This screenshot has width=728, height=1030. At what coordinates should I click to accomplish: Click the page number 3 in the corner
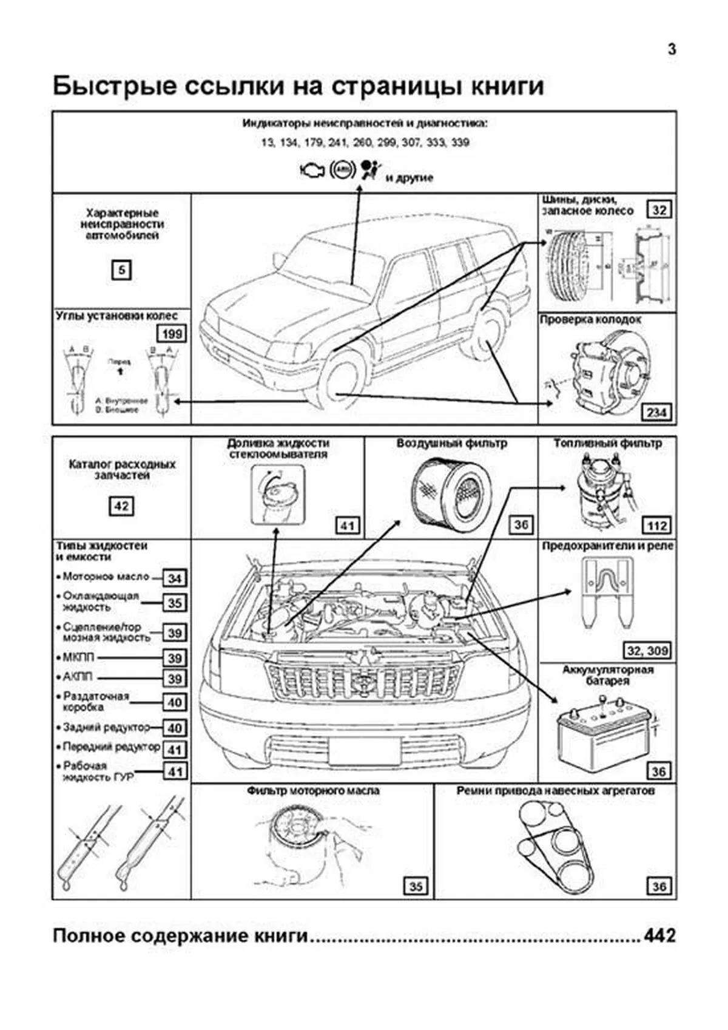672,50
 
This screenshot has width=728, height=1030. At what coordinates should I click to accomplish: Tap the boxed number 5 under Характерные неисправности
121,269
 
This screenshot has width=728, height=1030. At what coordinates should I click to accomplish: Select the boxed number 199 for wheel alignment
172,334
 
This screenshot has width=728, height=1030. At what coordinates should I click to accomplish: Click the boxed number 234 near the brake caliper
657,413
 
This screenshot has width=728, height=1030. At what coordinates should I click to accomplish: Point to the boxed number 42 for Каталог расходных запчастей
121,506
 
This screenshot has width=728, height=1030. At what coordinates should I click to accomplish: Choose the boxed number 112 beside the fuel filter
657,526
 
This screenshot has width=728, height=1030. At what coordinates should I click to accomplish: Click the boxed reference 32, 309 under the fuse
648,651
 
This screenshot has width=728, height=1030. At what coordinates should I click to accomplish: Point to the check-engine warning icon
312,171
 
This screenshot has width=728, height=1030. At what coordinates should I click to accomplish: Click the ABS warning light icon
342,171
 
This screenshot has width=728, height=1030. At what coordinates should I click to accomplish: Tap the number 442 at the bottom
659,935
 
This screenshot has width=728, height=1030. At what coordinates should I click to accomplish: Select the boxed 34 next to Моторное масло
175,578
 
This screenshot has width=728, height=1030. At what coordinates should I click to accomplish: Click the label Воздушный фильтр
451,444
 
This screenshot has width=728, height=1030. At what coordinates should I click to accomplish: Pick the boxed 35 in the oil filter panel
416,887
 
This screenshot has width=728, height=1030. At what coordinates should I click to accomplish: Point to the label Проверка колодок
590,320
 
